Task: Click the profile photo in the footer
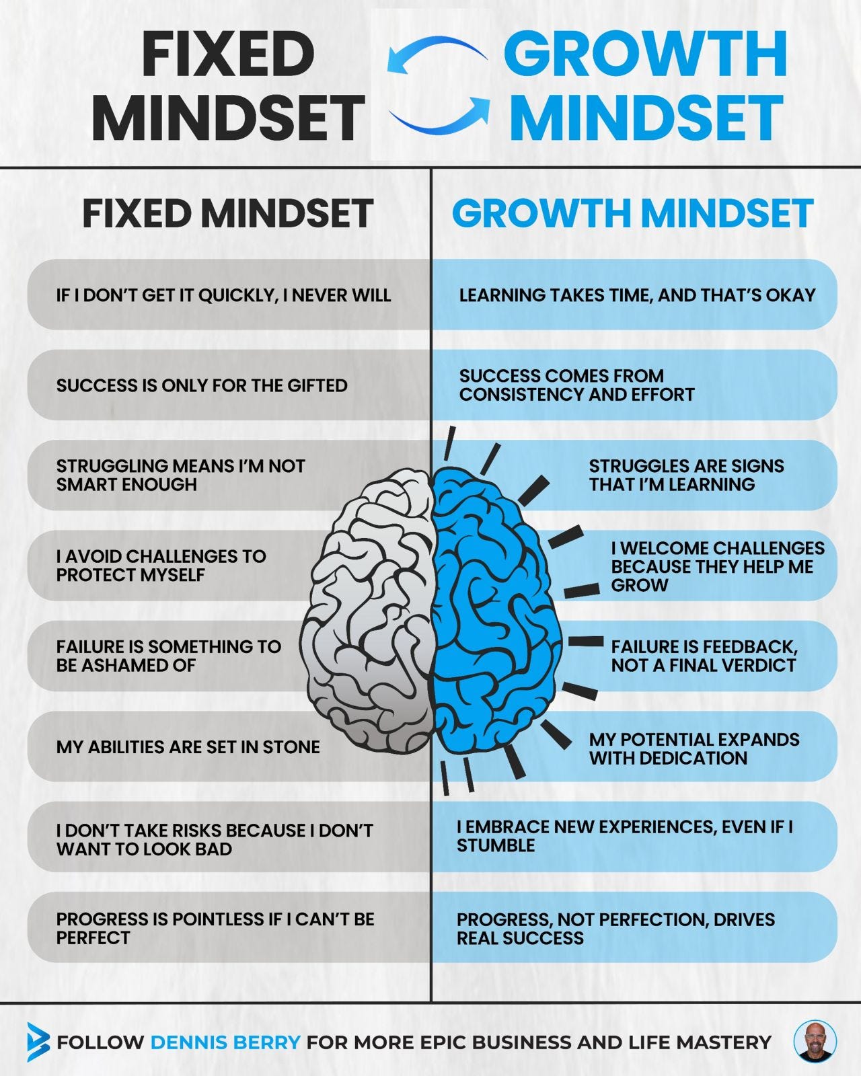[815, 1042]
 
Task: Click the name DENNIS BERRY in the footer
[225, 1042]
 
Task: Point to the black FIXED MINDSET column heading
[227, 213]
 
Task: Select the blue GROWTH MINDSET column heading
[632, 213]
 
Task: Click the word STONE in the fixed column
[291, 746]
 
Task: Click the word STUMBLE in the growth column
[496, 845]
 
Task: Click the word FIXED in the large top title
[229, 54]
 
